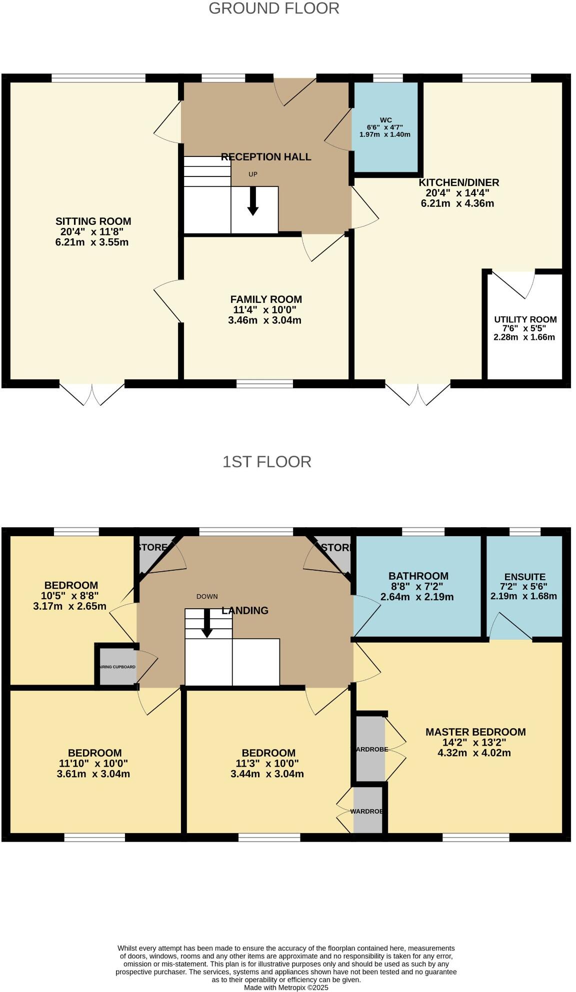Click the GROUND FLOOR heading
point(273,8)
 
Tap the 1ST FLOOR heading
point(266,461)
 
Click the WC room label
point(385,120)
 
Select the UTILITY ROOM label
point(525,319)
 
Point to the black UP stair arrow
point(253,201)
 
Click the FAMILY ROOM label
point(266,299)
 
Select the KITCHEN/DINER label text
point(458,182)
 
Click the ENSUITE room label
point(524,576)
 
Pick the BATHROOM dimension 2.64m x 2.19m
point(417,597)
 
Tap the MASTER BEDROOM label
point(475,732)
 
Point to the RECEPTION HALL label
point(266,157)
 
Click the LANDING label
point(245,610)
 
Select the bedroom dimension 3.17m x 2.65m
point(69,606)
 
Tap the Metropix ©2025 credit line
point(286,988)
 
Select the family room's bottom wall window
point(264,384)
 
